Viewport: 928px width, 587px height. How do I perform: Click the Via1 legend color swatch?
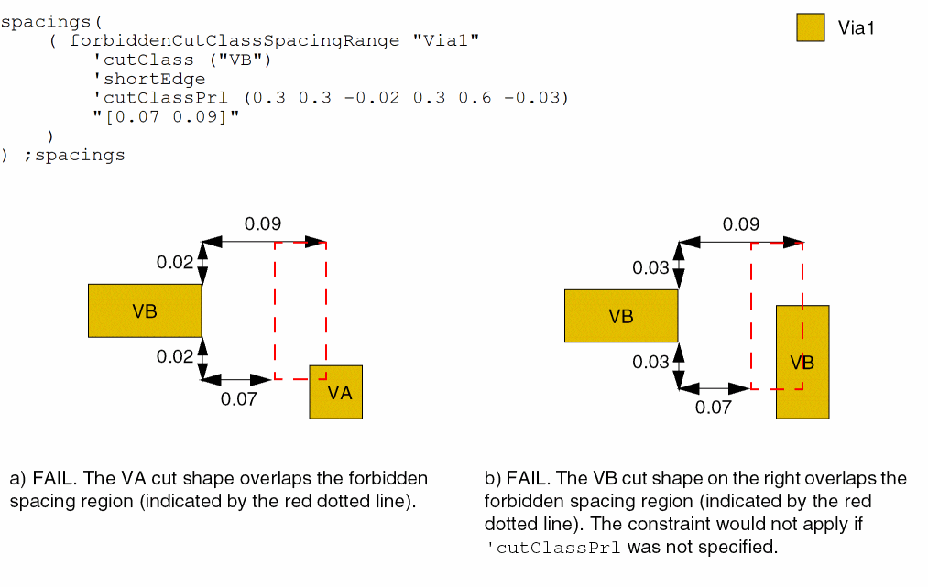(811, 27)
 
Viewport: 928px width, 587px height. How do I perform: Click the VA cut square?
(335, 392)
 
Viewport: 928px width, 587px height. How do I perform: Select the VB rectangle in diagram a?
(145, 310)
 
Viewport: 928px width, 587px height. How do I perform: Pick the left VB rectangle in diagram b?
(620, 316)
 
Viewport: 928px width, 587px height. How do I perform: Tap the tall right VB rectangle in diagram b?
(802, 362)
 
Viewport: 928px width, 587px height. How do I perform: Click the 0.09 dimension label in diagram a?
(262, 223)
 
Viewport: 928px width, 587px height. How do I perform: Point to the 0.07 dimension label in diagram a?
(239, 398)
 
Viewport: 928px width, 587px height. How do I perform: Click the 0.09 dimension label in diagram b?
(740, 223)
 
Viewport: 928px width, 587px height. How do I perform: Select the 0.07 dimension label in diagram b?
(714, 408)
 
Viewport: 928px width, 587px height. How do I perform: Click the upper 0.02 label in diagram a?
(175, 263)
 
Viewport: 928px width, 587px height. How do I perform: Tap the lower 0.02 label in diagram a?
(175, 357)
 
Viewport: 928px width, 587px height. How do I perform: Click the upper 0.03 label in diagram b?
(651, 267)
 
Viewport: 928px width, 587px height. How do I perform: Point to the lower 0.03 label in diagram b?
(651, 363)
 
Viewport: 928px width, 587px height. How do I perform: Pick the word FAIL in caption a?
(53, 479)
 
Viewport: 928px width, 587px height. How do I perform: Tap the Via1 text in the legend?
(857, 28)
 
